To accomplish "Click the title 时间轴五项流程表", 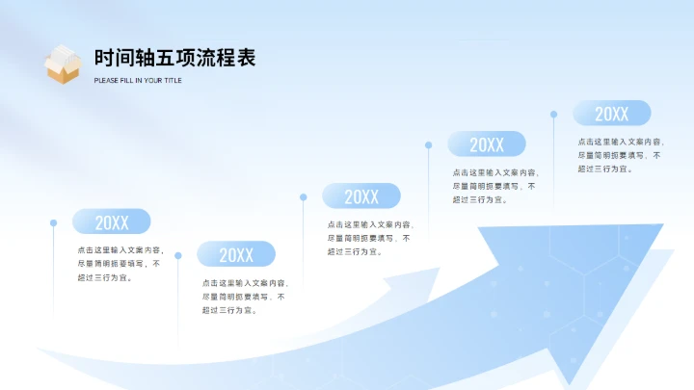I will (x=174, y=57).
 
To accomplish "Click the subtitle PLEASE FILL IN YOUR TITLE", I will (x=138, y=81).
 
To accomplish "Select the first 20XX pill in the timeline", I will (x=112, y=222).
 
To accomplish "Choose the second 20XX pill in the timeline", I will (x=236, y=254).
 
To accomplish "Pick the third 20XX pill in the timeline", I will (x=361, y=196).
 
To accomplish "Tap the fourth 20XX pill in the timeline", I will (x=487, y=144).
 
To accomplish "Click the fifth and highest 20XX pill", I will (x=611, y=114).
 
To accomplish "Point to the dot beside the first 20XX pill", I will (x=53, y=222).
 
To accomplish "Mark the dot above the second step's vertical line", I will (x=178, y=254).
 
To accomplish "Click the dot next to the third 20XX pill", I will (x=304, y=197).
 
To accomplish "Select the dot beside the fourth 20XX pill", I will (x=428, y=145).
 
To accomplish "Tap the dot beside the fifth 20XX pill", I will (x=553, y=114).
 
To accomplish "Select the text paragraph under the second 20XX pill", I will (x=245, y=297).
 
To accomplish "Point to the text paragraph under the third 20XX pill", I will (x=369, y=238).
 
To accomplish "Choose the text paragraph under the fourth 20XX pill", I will (x=494, y=186).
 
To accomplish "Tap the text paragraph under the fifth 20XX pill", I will (x=620, y=154).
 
